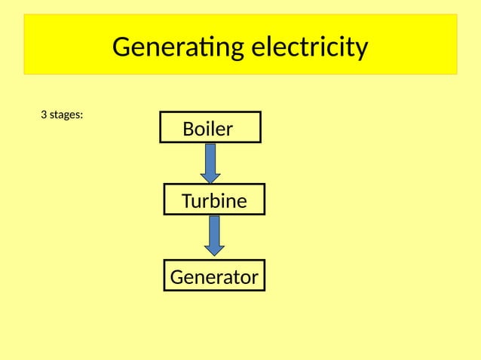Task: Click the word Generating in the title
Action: pos(176,47)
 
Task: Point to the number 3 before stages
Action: pos(43,115)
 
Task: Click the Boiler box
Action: pos(210,127)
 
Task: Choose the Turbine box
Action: pos(214,200)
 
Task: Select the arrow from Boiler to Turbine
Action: pos(210,162)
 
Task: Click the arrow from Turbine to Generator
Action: pos(214,235)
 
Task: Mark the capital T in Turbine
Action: pos(187,201)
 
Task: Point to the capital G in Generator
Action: pos(177,277)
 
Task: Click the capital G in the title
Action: pos(121,47)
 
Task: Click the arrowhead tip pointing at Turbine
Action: pos(210,182)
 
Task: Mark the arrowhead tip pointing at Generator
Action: pos(214,255)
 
